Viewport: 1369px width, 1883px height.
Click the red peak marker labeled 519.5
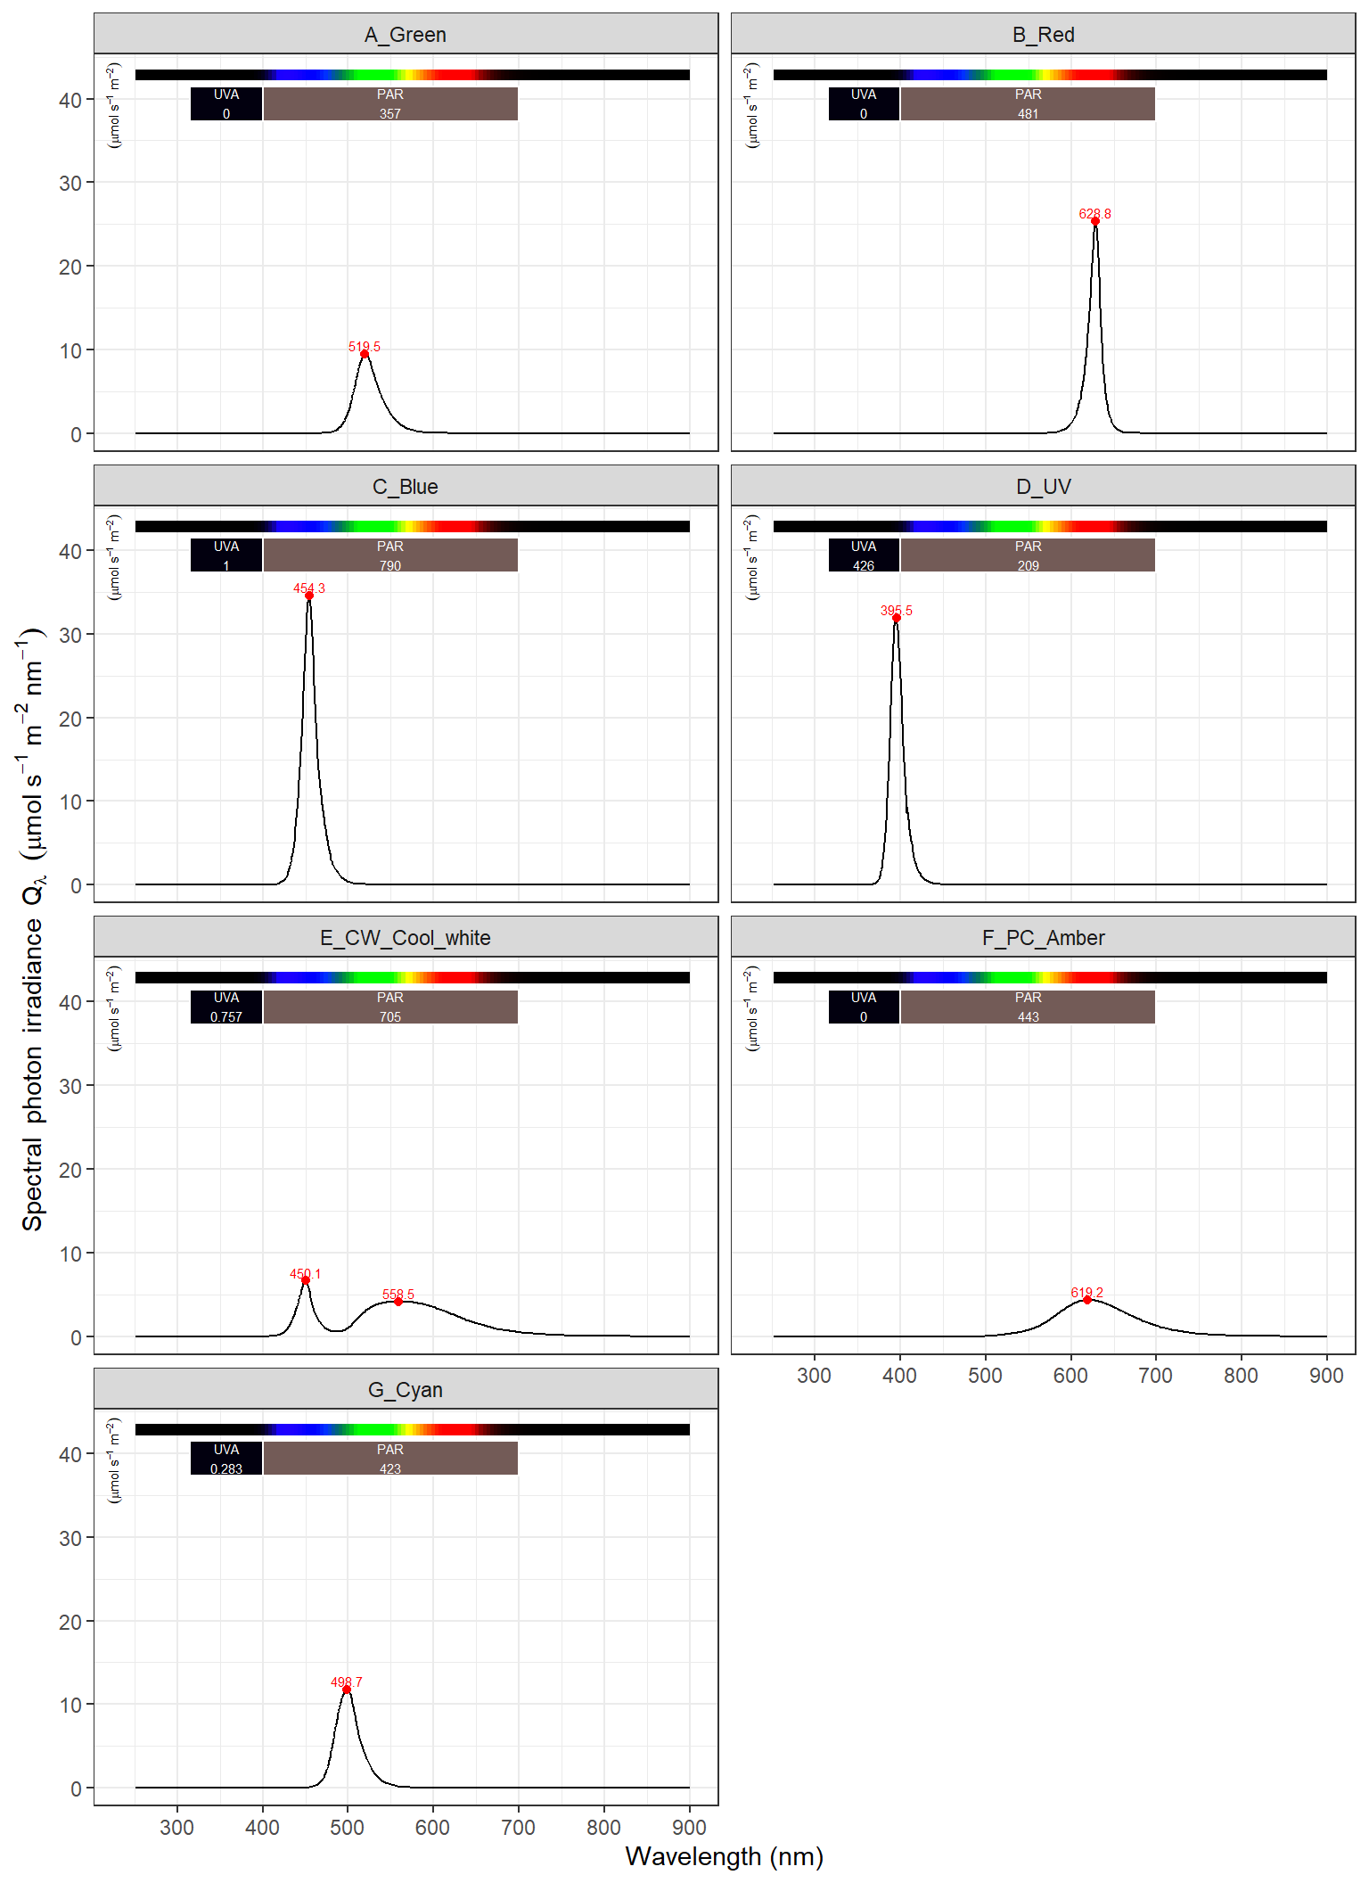pos(365,354)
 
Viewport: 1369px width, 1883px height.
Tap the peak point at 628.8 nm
pos(1095,222)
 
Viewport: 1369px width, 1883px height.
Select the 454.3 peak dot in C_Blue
pos(309,596)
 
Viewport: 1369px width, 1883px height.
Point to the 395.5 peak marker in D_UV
pos(897,618)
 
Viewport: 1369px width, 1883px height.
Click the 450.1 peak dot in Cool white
pos(306,1280)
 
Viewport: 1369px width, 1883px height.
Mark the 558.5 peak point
pos(398,1302)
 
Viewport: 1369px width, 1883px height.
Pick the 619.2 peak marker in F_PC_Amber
pos(1087,1300)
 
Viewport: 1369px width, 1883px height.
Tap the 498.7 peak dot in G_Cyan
pos(347,1690)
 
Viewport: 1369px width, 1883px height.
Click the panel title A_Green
pos(406,35)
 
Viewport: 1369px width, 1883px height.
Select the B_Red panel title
pos(1043,35)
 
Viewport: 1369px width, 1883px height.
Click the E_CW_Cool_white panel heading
pos(406,938)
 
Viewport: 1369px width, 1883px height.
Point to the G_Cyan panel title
pos(406,1390)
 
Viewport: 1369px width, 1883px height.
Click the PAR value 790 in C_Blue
pos(390,565)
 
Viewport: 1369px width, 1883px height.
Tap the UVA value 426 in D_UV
pos(864,565)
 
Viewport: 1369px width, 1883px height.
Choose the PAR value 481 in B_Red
pos(1028,114)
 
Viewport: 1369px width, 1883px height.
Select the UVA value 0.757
pos(226,1017)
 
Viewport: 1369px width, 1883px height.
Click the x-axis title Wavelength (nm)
pos(724,1856)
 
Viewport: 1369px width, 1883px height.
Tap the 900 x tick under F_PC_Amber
pos(1326,1376)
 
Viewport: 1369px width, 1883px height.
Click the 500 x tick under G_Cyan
pos(348,1828)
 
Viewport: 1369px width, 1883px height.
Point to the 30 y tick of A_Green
pos(71,184)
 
